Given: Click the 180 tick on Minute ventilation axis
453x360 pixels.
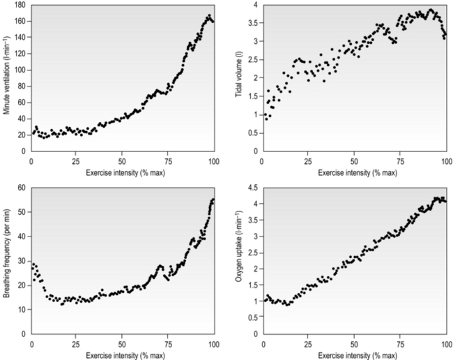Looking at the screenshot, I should (x=20, y=5).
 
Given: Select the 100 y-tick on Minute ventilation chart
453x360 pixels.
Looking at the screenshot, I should (x=20, y=70).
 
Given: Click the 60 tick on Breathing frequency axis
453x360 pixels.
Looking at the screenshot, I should (x=22, y=188).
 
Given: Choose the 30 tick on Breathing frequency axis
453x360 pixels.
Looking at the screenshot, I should (x=22, y=260).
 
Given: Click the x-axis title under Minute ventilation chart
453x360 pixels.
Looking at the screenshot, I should (x=123, y=172).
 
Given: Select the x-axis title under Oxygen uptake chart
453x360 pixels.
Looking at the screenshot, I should (x=355, y=355).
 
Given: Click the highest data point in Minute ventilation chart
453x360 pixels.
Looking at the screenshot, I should (x=209, y=15).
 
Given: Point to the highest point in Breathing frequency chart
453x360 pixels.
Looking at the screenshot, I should (x=213, y=200).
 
